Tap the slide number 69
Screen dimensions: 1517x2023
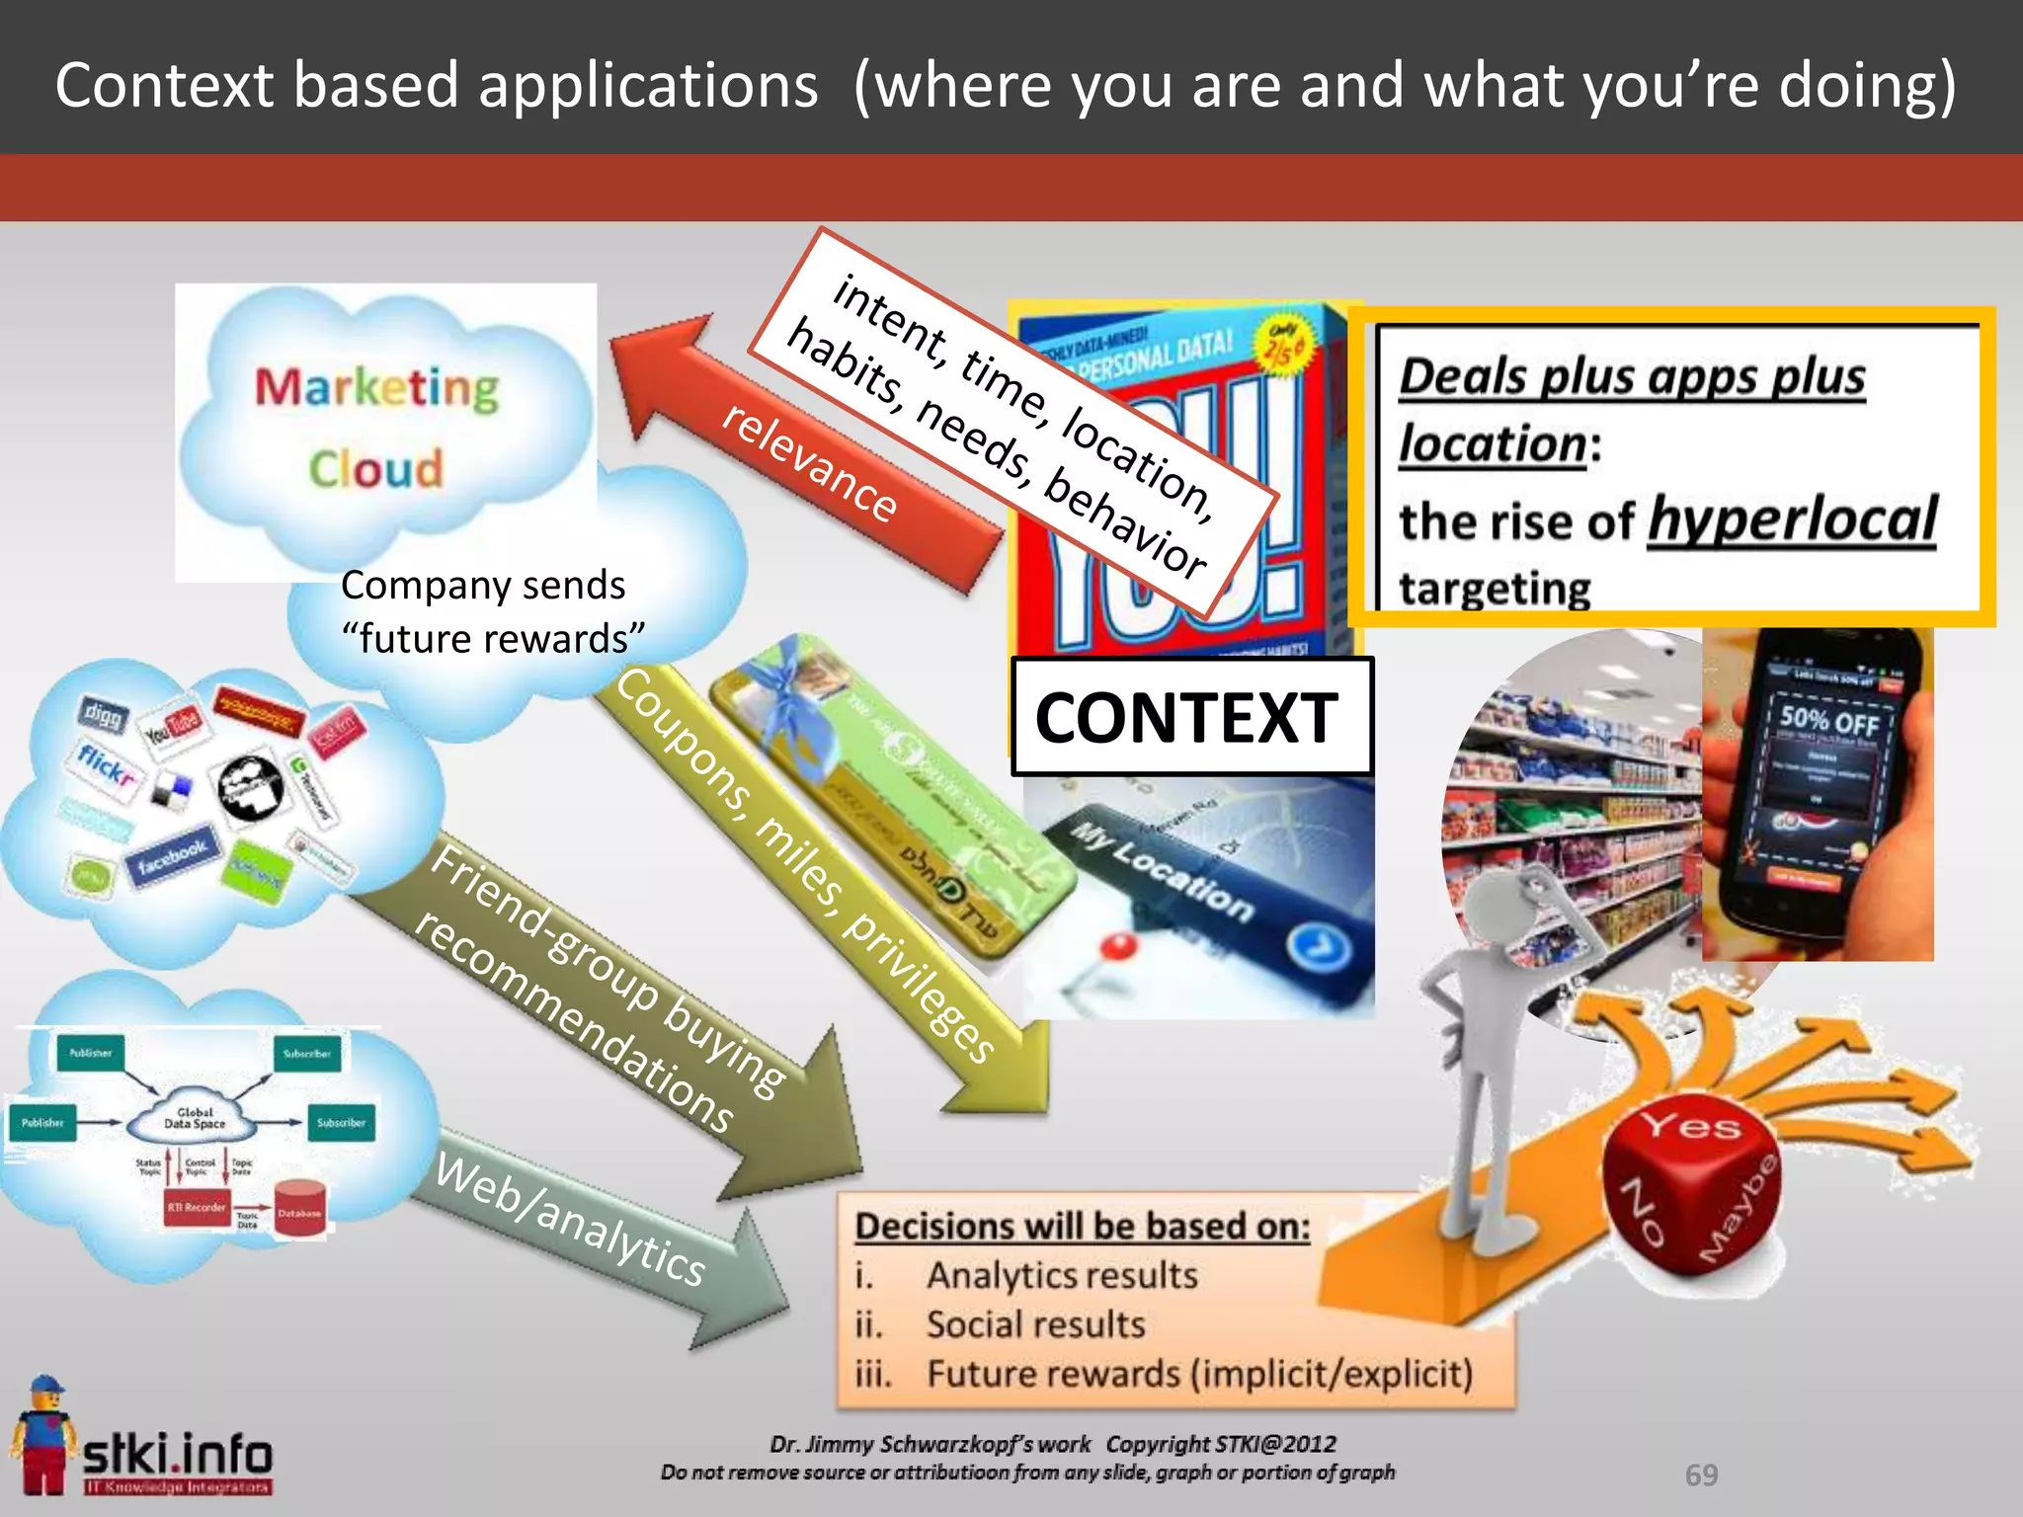1701,1475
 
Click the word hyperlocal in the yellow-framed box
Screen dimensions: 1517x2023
1792,520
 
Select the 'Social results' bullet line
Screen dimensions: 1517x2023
1034,1324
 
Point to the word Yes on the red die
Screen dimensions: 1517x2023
1690,1126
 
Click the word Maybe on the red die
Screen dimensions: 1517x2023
1740,1210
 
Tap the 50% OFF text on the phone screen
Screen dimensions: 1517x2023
1829,719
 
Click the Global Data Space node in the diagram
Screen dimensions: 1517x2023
195,1119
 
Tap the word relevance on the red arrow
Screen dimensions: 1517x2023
809,461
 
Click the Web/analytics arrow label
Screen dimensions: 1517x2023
571,1221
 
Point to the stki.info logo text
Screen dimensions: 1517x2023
177,1454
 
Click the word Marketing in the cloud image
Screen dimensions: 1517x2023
377,388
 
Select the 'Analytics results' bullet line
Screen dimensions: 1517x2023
1061,1275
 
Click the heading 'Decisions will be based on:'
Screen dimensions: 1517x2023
1082,1226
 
